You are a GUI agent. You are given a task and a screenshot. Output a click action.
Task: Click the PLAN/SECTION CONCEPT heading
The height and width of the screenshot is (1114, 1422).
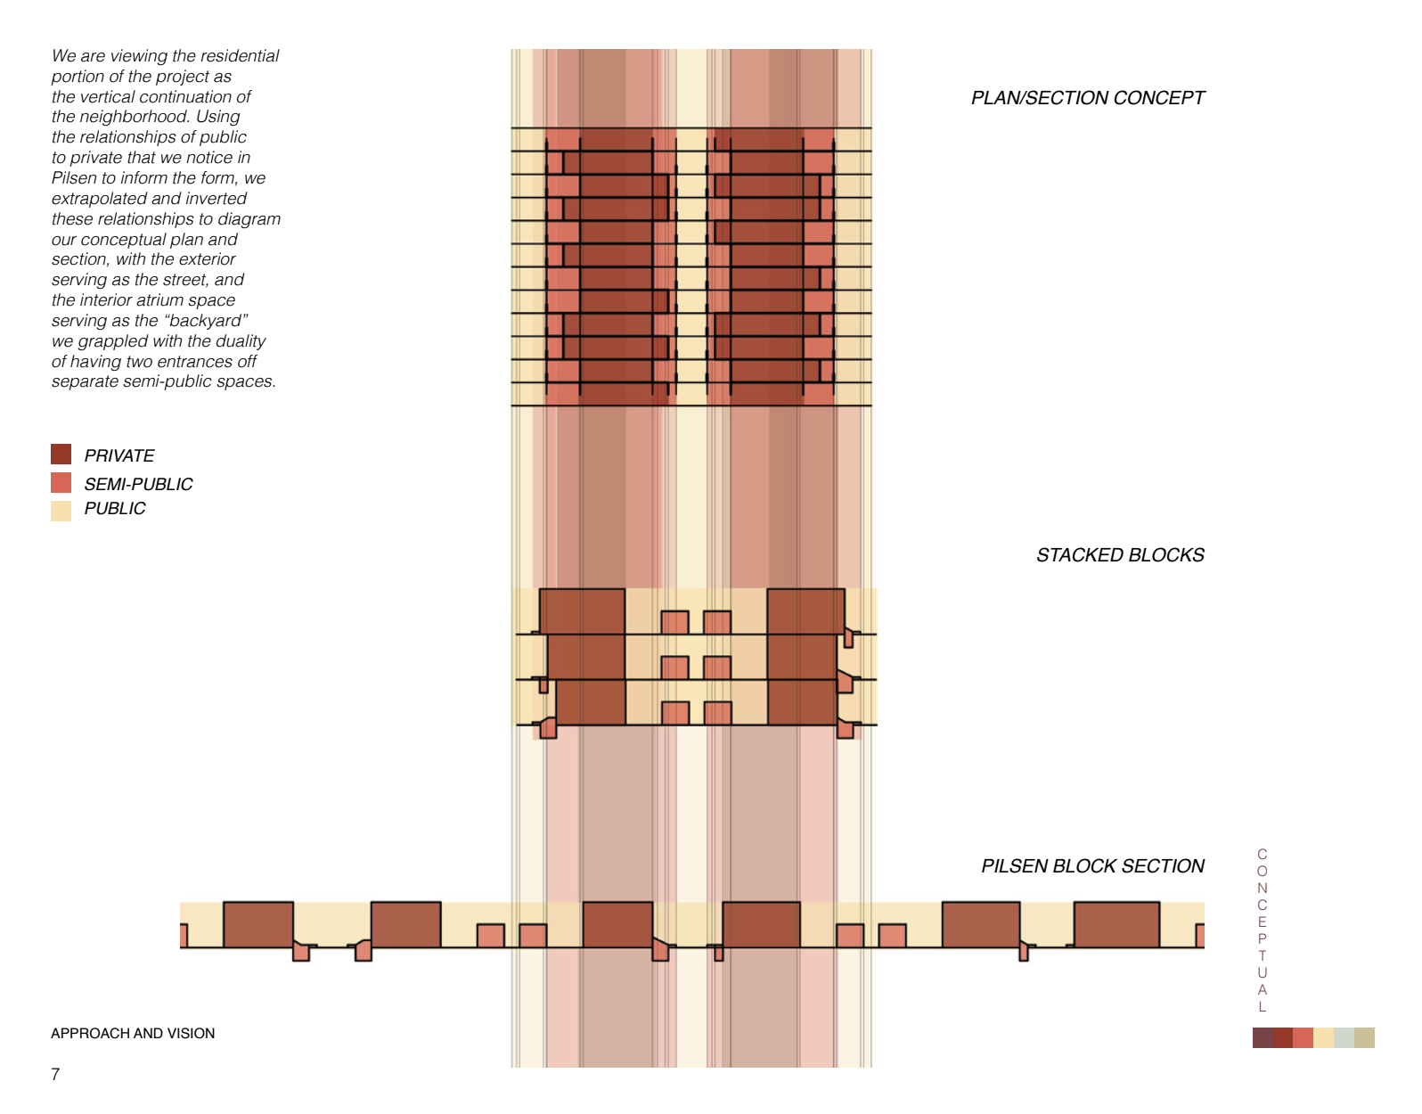pos(1087,98)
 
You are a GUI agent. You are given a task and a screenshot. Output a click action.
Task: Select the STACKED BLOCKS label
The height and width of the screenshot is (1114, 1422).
pos(1119,555)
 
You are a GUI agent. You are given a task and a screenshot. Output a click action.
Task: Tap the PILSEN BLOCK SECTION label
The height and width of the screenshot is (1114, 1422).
pos(1092,866)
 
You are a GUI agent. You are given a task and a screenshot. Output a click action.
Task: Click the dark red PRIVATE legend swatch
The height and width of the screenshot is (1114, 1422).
pos(61,455)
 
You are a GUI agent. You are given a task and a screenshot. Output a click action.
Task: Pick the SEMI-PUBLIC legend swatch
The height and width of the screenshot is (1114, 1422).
pos(61,483)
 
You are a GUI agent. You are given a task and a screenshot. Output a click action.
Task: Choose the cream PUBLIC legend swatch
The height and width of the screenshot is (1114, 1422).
pos(61,511)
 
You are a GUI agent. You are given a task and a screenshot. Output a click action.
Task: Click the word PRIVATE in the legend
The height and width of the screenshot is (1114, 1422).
pos(119,456)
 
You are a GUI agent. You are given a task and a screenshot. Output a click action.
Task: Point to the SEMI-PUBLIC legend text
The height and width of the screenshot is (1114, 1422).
pos(138,485)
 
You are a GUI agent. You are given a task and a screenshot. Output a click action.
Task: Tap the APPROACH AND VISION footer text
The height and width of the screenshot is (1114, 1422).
pos(133,1034)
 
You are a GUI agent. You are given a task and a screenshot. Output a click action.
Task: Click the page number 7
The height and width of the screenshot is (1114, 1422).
pos(55,1075)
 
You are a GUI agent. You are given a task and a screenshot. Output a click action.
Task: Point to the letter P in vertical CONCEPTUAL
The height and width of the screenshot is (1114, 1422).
pos(1262,939)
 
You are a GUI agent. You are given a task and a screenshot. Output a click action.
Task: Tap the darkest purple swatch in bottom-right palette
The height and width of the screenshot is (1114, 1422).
pos(1263,1037)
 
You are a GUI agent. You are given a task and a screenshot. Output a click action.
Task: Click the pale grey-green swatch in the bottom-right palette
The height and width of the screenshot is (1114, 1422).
pos(1344,1037)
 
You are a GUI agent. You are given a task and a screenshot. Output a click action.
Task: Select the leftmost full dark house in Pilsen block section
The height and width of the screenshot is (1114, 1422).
pos(258,924)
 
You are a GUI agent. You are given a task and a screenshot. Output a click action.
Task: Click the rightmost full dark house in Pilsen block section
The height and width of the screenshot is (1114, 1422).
pos(1116,924)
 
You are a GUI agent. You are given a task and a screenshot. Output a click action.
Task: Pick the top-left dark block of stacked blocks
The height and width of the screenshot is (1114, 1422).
pos(582,611)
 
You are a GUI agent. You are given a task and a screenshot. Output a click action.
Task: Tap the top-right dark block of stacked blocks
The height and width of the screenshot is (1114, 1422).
pos(805,611)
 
